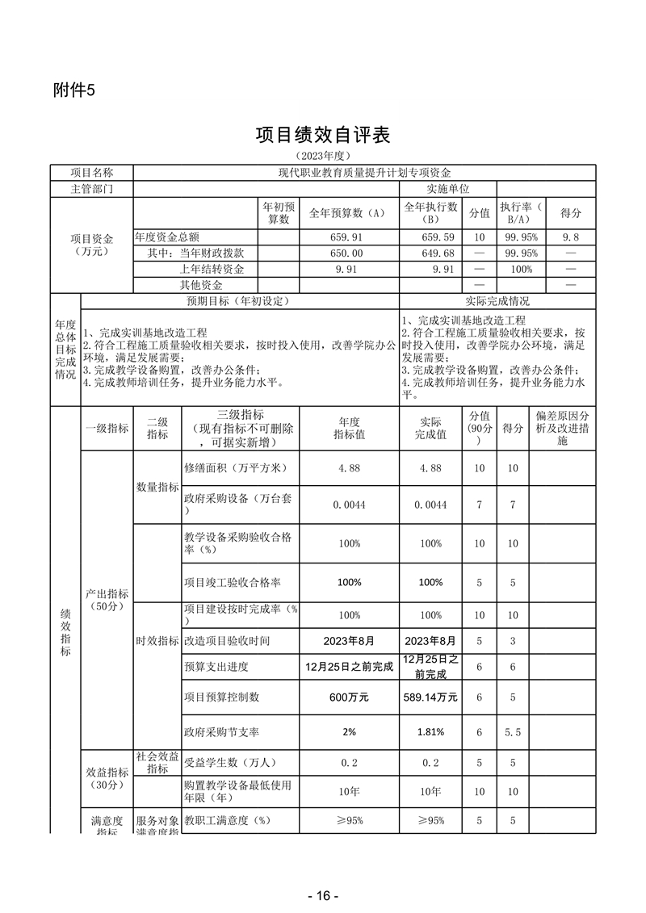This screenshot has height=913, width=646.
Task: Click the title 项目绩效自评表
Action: point(322,135)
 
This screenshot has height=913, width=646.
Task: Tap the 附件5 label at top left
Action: point(73,90)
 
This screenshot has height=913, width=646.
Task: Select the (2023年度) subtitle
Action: point(322,155)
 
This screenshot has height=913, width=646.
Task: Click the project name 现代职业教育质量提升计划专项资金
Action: point(364,173)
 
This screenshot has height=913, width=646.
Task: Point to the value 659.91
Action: point(350,237)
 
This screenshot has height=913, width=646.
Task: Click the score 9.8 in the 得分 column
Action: point(570,237)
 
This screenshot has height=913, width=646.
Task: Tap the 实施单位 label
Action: point(431,188)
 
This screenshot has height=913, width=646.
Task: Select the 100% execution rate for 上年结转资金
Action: point(521,269)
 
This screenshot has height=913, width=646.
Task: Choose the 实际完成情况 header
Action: point(497,301)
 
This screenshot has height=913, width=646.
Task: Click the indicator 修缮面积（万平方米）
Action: point(236,468)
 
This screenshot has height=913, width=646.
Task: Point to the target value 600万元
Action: point(350,697)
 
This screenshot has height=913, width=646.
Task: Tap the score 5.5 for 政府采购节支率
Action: point(511,731)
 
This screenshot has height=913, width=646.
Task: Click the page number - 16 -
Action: point(322,896)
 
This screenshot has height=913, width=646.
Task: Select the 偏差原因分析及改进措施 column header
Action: point(562,428)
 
